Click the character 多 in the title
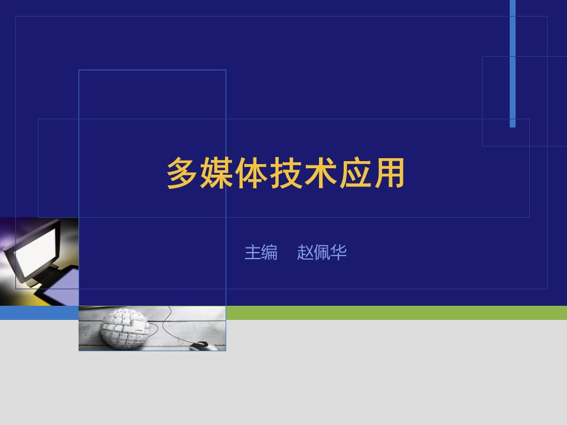click(x=182, y=173)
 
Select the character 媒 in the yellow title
click(x=217, y=173)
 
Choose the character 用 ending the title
click(x=389, y=173)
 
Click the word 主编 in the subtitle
click(x=261, y=252)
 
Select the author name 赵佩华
click(x=322, y=252)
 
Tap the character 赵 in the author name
click(x=305, y=252)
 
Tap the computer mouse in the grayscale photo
click(x=203, y=346)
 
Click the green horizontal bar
click(x=396, y=313)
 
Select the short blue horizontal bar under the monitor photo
click(x=39, y=313)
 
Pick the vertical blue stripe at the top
click(x=513, y=64)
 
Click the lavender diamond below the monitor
click(x=61, y=286)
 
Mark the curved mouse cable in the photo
click(x=170, y=325)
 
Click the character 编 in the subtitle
click(x=269, y=252)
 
